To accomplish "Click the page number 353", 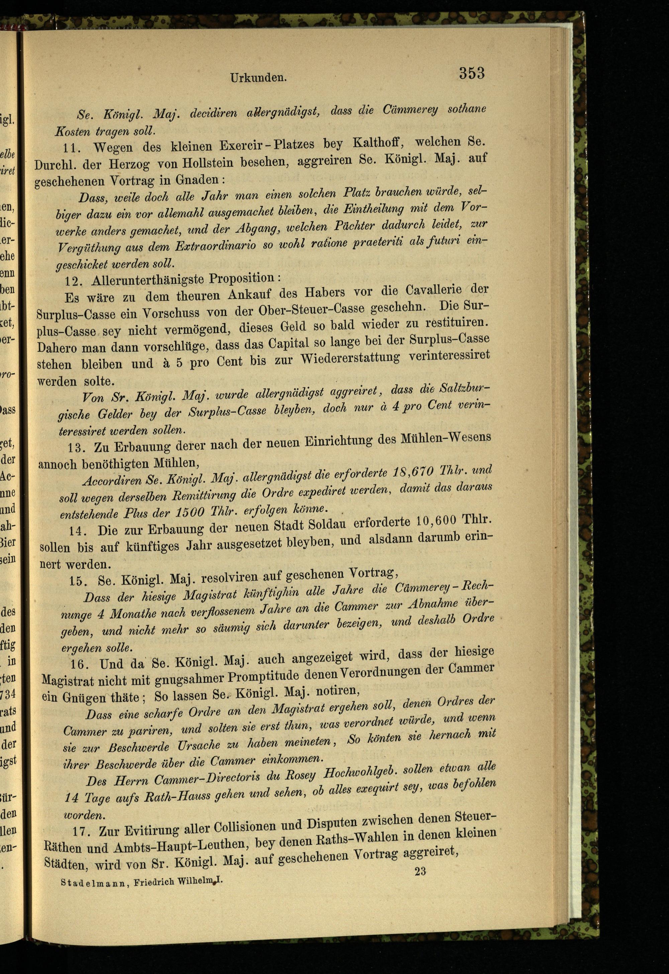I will pyautogui.click(x=472, y=74).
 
